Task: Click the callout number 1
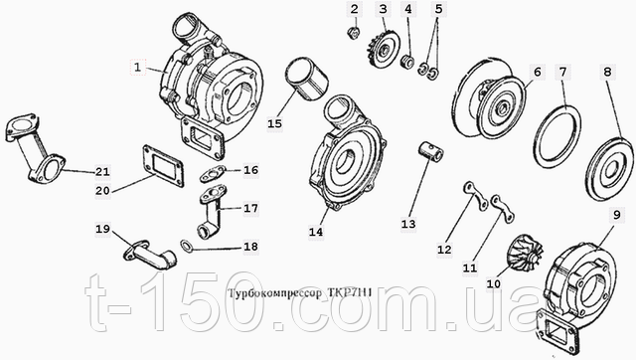[x=137, y=67]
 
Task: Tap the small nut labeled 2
[x=354, y=33]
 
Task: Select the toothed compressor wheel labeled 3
[x=383, y=50]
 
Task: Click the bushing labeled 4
[x=406, y=62]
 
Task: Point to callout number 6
[x=538, y=73]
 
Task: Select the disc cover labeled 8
[x=609, y=169]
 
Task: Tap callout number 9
[x=616, y=215]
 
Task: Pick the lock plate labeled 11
[x=503, y=209]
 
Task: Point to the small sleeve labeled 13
[x=430, y=152]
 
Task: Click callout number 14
[x=316, y=232]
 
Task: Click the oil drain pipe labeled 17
[x=213, y=212]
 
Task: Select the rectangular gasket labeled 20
[x=163, y=166]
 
